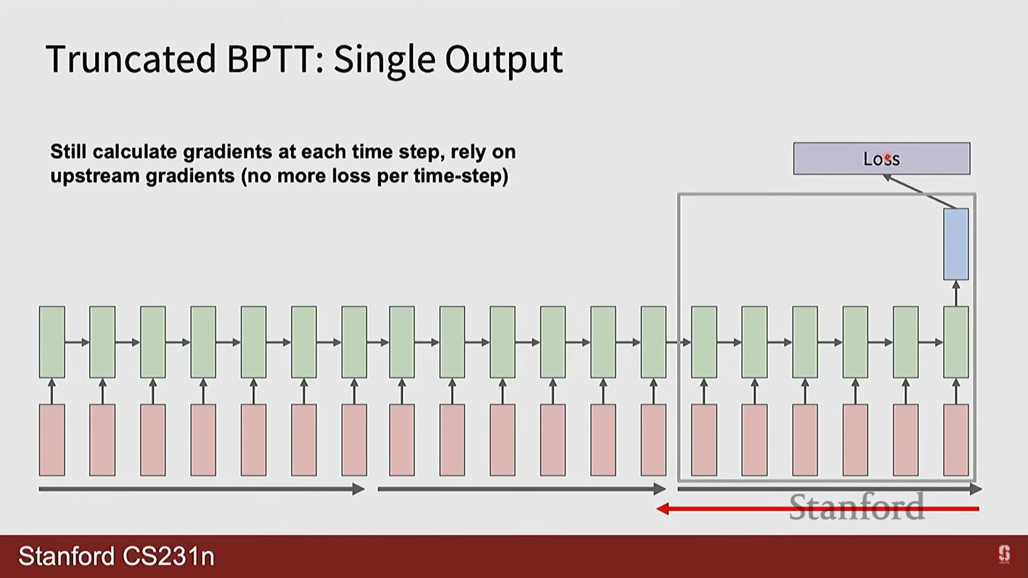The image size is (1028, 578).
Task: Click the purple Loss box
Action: point(881,158)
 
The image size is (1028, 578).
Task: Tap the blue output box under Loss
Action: point(956,244)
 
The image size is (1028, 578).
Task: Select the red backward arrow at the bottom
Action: point(818,509)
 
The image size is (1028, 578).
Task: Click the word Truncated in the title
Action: point(131,59)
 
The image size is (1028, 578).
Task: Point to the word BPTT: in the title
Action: point(275,59)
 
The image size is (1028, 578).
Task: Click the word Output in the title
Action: point(504,60)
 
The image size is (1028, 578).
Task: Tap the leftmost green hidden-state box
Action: point(52,342)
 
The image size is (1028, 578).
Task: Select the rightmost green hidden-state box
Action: point(956,342)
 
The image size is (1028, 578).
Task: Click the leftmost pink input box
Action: point(52,440)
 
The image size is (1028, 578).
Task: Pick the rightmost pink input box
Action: point(956,440)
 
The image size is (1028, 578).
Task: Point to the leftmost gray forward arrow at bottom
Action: point(202,489)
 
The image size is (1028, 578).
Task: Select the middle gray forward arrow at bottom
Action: point(522,489)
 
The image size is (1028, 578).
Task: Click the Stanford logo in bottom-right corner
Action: point(1004,554)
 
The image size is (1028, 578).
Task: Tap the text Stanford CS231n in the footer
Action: point(116,556)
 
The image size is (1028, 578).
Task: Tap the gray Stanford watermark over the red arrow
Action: point(857,506)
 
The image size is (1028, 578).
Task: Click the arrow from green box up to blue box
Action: point(956,293)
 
